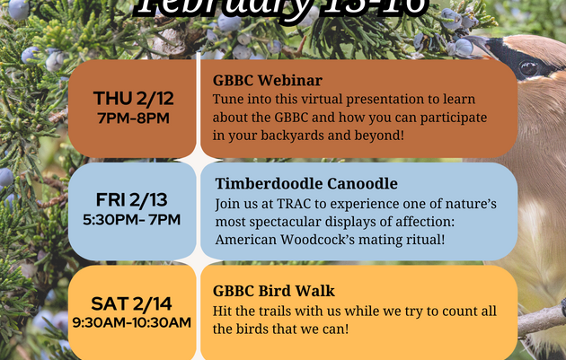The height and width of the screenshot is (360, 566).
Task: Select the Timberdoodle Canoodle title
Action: tap(306, 183)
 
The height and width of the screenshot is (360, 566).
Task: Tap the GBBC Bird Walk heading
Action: tap(274, 291)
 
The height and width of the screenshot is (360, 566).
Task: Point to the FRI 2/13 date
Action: tap(131, 200)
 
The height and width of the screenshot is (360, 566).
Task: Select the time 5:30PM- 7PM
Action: tap(131, 219)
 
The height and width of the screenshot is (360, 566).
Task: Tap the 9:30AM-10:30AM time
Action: tap(131, 321)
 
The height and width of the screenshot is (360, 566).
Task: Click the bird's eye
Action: tap(528, 68)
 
